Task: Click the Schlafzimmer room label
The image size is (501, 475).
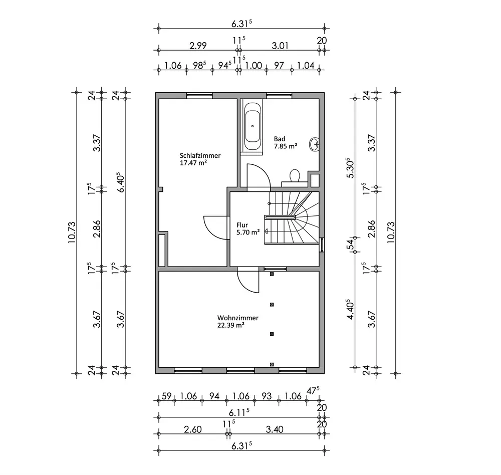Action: coord(200,156)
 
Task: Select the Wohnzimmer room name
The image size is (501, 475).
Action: coord(237,318)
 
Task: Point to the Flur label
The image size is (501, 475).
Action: coord(242,225)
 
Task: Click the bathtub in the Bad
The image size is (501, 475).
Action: coord(252,127)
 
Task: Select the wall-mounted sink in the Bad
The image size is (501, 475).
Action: coord(315,144)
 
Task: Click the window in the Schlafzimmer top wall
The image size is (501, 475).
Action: coord(200,95)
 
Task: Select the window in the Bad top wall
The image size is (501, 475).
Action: coord(279,95)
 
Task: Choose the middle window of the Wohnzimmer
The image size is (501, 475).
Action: coord(240,370)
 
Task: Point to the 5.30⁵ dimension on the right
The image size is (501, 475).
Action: coord(351,168)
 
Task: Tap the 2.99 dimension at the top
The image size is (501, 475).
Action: coord(198,46)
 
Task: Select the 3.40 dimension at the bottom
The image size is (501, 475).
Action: coord(275,429)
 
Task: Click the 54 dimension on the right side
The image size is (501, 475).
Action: coord(351,245)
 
